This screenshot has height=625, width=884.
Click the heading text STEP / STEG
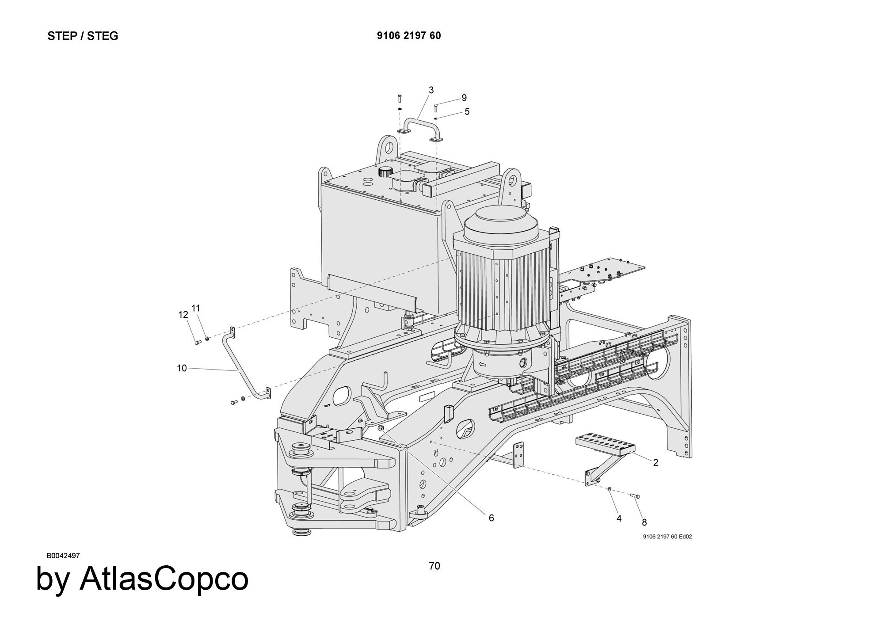click(83, 36)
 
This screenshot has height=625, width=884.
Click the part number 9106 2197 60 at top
click(408, 36)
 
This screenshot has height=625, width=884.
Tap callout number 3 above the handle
click(431, 90)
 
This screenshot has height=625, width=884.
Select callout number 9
click(464, 98)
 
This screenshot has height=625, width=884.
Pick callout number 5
click(467, 112)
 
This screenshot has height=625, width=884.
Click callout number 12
click(183, 315)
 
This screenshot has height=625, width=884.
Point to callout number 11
click(196, 308)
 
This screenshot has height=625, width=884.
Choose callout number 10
click(182, 368)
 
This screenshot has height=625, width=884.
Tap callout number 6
click(491, 518)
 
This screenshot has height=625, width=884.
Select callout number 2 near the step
click(655, 462)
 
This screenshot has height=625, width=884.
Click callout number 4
click(619, 518)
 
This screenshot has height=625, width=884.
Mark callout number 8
click(644, 522)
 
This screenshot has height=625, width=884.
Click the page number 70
click(434, 566)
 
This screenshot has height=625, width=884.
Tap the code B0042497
click(63, 556)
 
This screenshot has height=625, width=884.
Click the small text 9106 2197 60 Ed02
click(667, 537)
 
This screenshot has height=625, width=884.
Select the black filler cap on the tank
click(385, 171)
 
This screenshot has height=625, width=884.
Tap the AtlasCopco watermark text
click(142, 579)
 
